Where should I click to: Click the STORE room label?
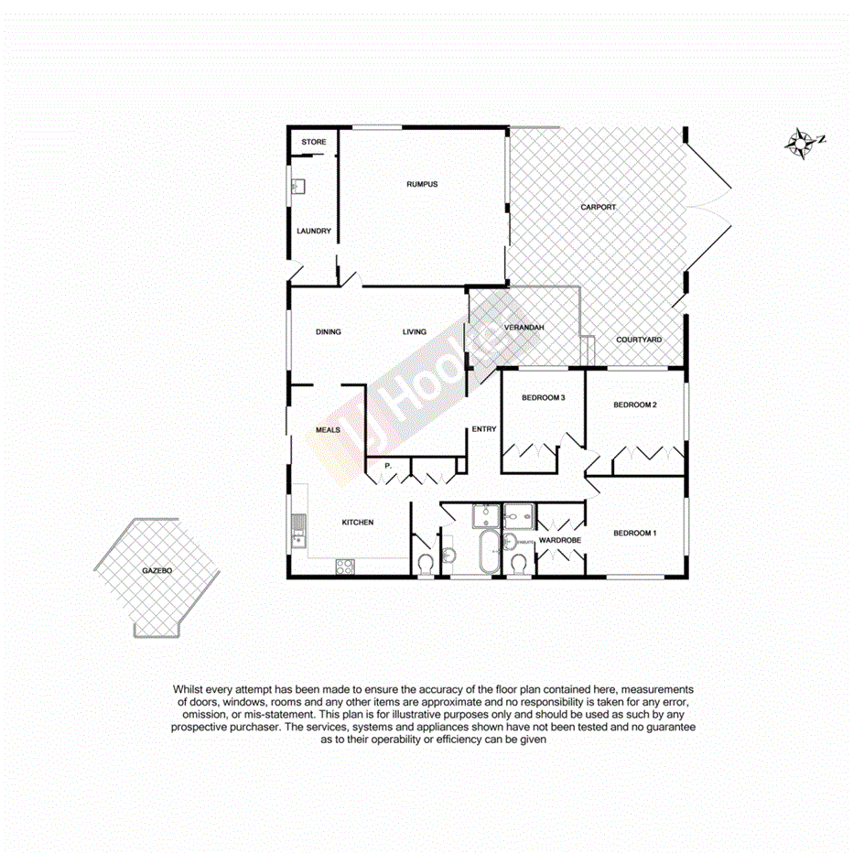coord(314,142)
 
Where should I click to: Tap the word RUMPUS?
coord(422,185)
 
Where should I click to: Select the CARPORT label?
coord(598,208)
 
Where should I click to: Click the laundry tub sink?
coord(298,187)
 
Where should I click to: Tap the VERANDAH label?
coord(524,328)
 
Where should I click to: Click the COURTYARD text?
coord(638,340)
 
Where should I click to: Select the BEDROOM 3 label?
coord(544,397)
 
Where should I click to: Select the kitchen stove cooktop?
coord(346,567)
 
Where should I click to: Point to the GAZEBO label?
coord(157,570)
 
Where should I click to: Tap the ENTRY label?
coord(483,429)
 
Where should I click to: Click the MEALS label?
coord(328,429)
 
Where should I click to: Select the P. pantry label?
coord(389,466)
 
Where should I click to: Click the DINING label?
coord(328,332)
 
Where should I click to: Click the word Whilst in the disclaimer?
coord(190,689)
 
